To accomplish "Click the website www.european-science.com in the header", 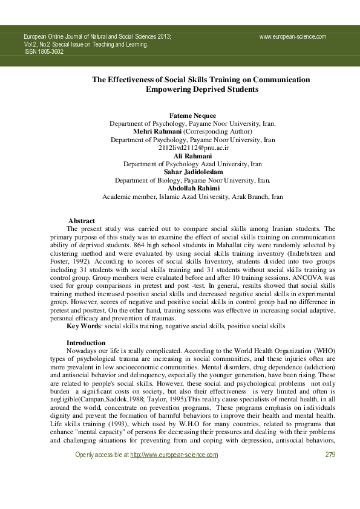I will [x=292, y=36].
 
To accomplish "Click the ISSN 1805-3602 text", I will [x=44, y=52].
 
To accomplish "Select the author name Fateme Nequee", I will [x=192, y=115].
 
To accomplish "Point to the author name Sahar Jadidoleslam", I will [x=192, y=172].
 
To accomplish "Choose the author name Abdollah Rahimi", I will [x=192, y=189].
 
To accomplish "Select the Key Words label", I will [x=83, y=326].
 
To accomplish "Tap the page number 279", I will [x=330, y=472].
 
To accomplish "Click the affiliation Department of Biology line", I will [x=192, y=180].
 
